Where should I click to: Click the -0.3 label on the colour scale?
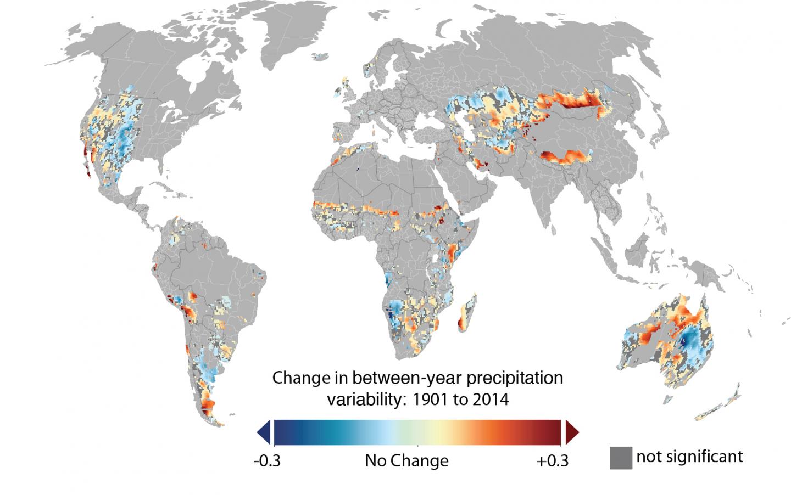coord(267,460)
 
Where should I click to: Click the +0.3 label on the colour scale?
coord(552,460)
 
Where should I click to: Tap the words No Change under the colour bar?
coord(406,460)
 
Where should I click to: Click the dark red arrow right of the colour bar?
coord(572,431)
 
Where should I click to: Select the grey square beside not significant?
coord(620,458)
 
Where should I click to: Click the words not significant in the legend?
coord(689,456)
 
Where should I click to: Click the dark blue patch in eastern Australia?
coord(684,341)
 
